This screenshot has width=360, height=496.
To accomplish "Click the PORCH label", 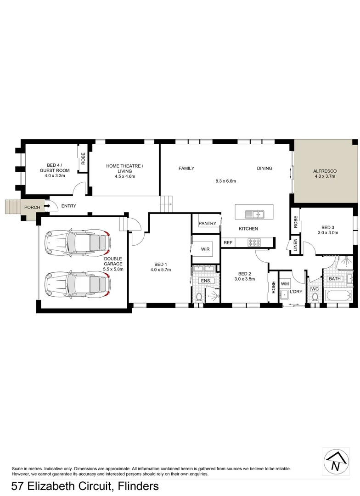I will tap(32, 207).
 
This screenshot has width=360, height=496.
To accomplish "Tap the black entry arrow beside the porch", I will tap(47, 207).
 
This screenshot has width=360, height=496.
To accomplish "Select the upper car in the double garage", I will tap(78, 242).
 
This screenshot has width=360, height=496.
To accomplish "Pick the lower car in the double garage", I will tap(78, 282).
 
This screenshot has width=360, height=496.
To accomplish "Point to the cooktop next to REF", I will tap(254, 242).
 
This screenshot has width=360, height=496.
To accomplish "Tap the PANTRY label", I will tap(207, 224).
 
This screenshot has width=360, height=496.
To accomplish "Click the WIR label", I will tap(205, 249).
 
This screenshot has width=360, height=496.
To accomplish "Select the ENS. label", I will tap(205, 281).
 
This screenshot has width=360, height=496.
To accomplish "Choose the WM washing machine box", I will tap(284, 284).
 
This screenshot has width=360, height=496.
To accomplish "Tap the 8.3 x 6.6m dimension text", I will tap(225, 181).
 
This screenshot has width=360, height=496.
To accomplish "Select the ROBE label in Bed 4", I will tap(83, 159).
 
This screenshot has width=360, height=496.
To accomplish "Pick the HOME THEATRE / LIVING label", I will tap(124, 169).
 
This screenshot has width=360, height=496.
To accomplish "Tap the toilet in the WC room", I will tap(315, 297).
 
